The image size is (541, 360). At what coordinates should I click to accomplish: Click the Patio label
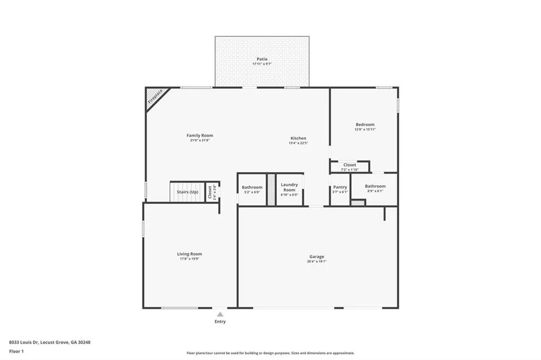pyautogui.click(x=262, y=59)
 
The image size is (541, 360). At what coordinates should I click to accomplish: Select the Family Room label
pyautogui.click(x=200, y=136)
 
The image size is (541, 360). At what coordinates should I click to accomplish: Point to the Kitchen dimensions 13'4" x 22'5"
pyautogui.click(x=298, y=143)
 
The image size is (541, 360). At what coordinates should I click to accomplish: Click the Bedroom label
pyautogui.click(x=365, y=125)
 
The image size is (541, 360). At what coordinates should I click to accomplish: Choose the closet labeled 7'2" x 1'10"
pyautogui.click(x=350, y=167)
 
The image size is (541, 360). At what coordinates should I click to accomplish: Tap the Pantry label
pyautogui.click(x=340, y=187)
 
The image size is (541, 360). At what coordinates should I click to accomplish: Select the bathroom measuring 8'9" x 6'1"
pyautogui.click(x=375, y=188)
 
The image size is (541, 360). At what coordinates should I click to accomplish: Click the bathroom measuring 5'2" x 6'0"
pyautogui.click(x=252, y=190)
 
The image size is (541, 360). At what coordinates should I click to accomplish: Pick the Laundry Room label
pyautogui.click(x=289, y=187)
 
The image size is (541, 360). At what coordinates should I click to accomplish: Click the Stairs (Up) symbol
pyautogui.click(x=187, y=192)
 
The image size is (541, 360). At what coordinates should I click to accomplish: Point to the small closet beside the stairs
pyautogui.click(x=210, y=191)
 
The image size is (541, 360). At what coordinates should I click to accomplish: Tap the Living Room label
pyautogui.click(x=189, y=254)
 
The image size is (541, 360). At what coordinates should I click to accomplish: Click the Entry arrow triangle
pyautogui.click(x=220, y=314)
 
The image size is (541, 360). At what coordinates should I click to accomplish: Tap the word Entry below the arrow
pyautogui.click(x=220, y=321)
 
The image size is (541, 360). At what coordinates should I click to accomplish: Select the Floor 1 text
pyautogui.click(x=16, y=351)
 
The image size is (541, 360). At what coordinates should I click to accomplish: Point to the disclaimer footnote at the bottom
pyautogui.click(x=270, y=353)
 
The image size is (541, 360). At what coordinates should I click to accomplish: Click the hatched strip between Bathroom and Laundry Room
pyautogui.click(x=271, y=189)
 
